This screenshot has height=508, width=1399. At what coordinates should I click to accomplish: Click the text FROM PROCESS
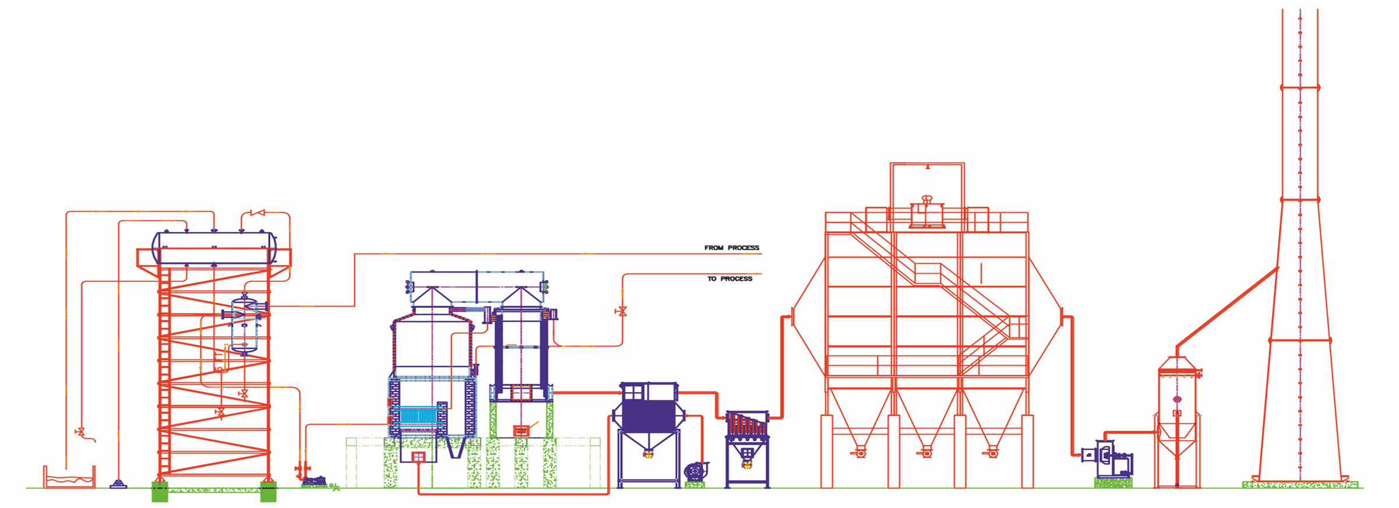pyautogui.click(x=731, y=248)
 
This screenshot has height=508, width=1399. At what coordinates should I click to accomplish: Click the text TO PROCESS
pyautogui.click(x=730, y=278)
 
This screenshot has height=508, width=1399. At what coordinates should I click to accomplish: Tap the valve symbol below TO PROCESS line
pyautogui.click(x=622, y=311)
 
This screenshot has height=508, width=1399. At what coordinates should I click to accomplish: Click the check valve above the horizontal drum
pyautogui.click(x=257, y=213)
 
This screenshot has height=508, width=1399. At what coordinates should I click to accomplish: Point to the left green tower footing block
pyautogui.click(x=160, y=492)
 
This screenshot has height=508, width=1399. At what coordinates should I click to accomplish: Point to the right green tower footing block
pyautogui.click(x=268, y=492)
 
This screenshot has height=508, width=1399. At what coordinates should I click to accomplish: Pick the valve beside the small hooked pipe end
pyautogui.click(x=80, y=432)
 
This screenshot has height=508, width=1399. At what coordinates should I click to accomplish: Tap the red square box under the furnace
pyautogui.click(x=418, y=457)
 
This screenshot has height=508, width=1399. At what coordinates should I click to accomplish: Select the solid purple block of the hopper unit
pyautogui.click(x=648, y=415)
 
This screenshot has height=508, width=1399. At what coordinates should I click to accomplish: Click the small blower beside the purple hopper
pyautogui.click(x=695, y=471)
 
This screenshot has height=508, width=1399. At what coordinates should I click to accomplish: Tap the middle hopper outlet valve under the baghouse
pyautogui.click(x=926, y=452)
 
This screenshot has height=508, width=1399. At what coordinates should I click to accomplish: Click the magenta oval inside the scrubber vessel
pyautogui.click(x=1177, y=399)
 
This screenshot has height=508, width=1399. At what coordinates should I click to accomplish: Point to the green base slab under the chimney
pyautogui.click(x=1299, y=484)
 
